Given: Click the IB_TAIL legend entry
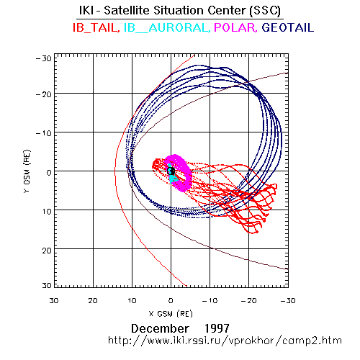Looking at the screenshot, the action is pos(96,27).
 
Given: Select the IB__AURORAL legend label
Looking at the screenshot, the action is pos(166,27).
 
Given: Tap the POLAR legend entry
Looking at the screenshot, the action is pos(235,27).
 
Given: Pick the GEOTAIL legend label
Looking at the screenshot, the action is pos(288,27).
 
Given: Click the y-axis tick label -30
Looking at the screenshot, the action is pos(44,58).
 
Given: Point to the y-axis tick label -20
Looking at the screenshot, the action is pos(44,94).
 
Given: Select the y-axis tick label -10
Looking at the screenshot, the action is pos(44,133).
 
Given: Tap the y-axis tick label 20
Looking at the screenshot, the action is pos(47,251).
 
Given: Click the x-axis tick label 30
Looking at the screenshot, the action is pos(54,301).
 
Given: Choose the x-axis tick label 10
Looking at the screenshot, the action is pos(132,301).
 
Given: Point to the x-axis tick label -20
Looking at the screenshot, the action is pos(248,301).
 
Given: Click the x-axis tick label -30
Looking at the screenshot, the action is pos(288,301).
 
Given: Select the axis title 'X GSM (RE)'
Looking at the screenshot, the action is pos(171,314).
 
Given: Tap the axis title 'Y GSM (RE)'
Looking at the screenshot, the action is pos(27,171).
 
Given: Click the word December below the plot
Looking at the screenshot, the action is pos(160,328).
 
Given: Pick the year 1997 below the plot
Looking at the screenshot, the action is pos(217,328).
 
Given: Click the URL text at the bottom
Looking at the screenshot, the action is pos(225,341).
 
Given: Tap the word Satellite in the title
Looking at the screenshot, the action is pos(126,10).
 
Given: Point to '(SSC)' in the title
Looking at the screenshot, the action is pos(265,11).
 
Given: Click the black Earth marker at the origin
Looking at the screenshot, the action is pos(171,171).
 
